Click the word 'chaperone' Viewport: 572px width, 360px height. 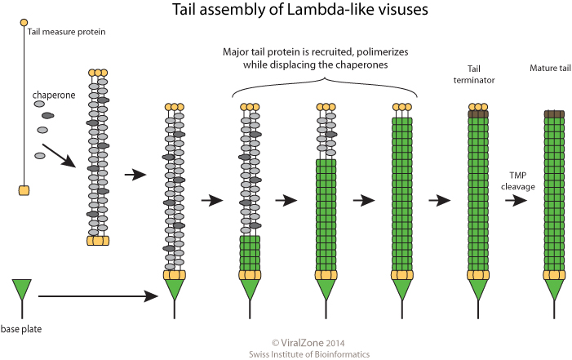pos(55,96)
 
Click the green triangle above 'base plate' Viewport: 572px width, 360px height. pos(22,289)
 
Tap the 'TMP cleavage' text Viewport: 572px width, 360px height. pos(517,182)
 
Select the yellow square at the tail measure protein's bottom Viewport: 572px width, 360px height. pos(24,190)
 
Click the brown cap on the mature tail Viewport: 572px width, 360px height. pos(555,114)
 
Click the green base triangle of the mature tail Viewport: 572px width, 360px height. pos(555,288)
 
